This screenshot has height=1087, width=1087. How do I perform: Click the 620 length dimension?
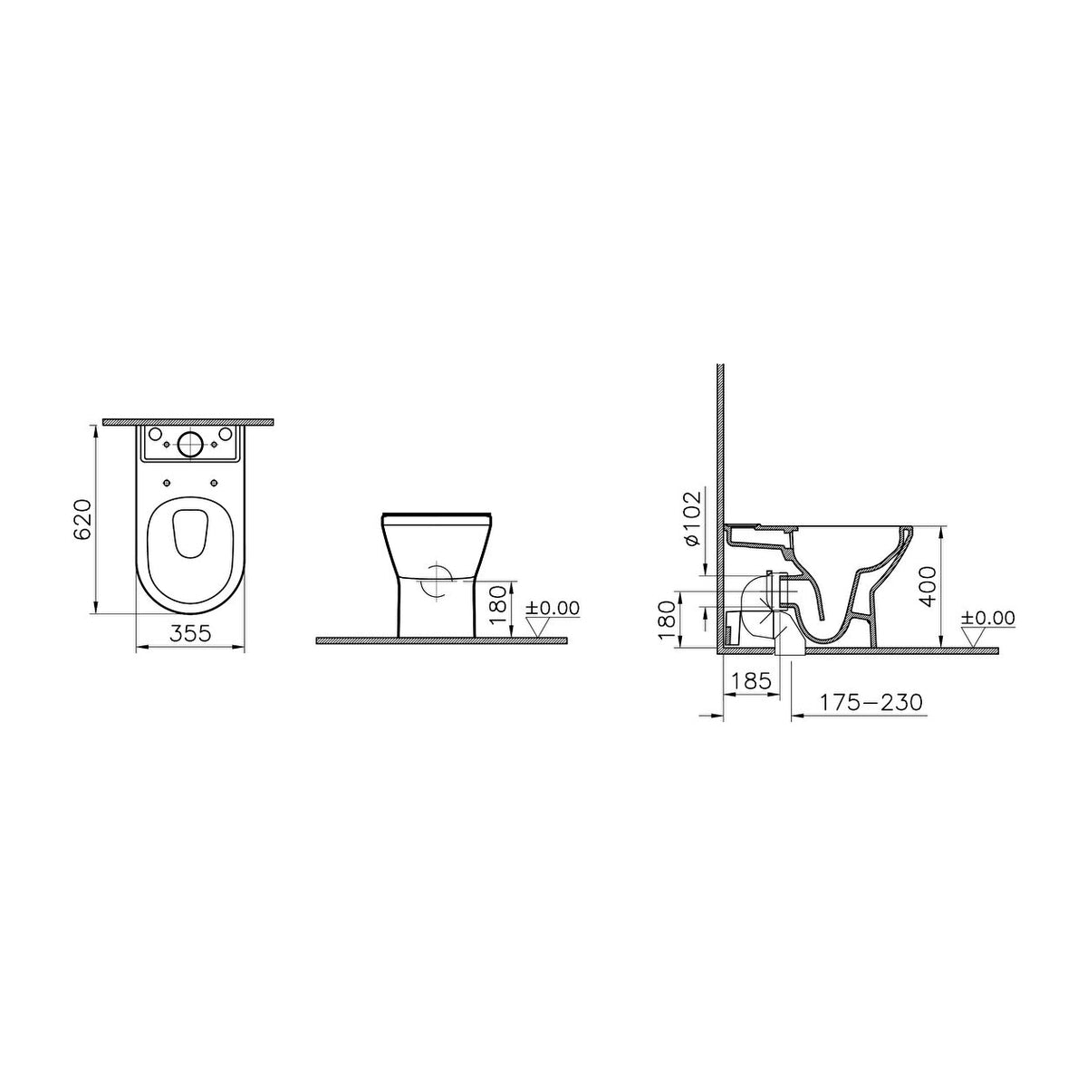tap(82, 520)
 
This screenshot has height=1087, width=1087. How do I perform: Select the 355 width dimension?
tap(190, 633)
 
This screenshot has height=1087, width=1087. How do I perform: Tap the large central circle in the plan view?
tap(189, 444)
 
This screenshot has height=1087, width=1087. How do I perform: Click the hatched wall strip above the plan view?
tap(188, 422)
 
